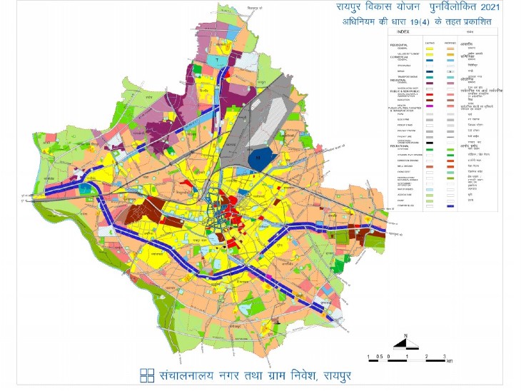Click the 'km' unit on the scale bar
tap(448, 361)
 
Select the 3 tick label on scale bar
tap(445, 355)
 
